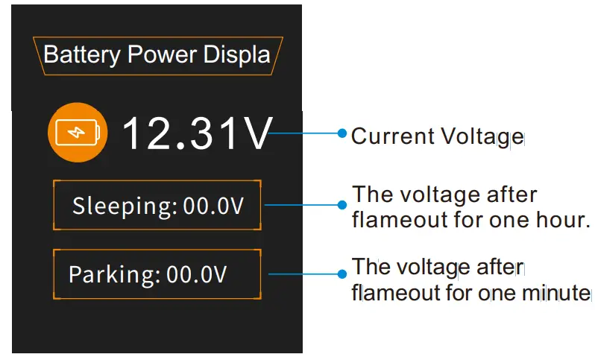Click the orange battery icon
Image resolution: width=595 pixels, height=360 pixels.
(x=78, y=134)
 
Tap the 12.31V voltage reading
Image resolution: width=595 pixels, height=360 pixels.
(x=197, y=134)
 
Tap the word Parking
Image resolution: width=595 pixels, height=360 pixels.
(x=114, y=275)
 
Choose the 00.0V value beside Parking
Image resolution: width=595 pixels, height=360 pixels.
(x=197, y=275)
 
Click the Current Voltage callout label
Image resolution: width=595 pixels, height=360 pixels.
(x=437, y=136)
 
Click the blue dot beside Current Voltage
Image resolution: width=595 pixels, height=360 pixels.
(x=342, y=133)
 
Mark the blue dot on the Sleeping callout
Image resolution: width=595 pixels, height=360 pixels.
(x=342, y=203)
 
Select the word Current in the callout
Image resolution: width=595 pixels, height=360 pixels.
(x=393, y=136)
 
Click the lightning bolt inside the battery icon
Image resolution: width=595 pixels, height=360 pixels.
(x=77, y=134)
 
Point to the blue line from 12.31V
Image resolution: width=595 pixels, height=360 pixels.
(x=306, y=134)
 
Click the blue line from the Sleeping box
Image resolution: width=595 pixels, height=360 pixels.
(x=302, y=203)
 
